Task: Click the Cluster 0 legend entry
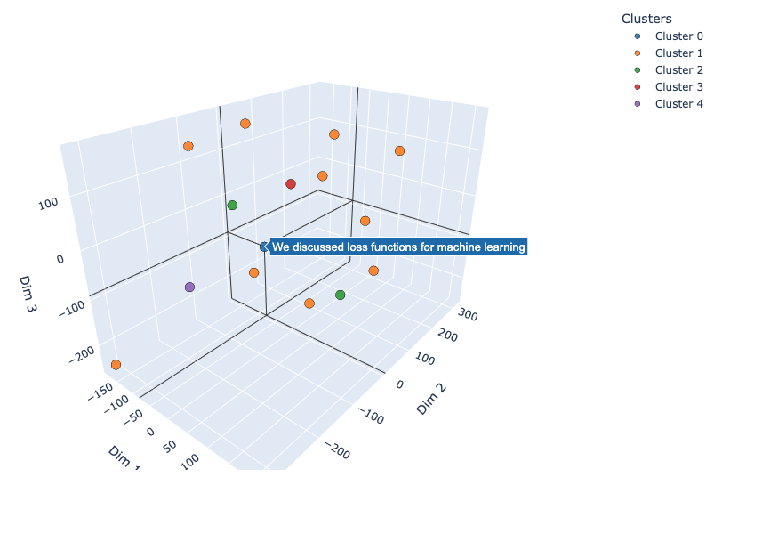click(678, 36)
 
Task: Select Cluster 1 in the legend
click(678, 53)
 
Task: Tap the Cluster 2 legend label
click(678, 70)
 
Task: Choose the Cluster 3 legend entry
click(678, 87)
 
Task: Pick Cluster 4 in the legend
click(678, 104)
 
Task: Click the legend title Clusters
click(646, 19)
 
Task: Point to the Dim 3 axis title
click(28, 294)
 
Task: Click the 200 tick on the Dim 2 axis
click(450, 336)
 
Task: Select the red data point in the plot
click(291, 184)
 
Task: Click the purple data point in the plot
click(189, 287)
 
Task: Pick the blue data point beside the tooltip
click(264, 247)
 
